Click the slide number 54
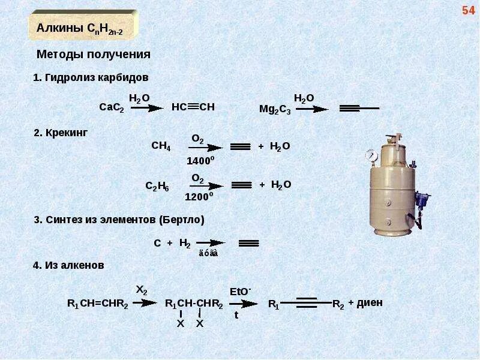468,10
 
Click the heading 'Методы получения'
93,55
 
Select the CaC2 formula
111,107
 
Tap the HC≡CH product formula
193,107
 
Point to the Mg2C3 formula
275,109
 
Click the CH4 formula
161,146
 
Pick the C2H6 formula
158,186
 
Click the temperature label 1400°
200,160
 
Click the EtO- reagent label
240,291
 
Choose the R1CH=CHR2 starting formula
98,304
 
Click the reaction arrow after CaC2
146,108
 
